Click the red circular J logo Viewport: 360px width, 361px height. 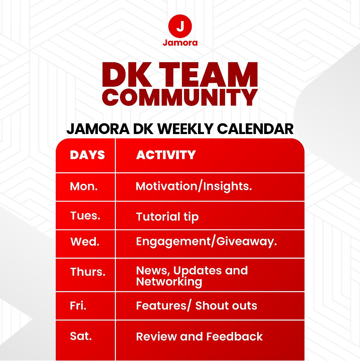pyautogui.click(x=180, y=26)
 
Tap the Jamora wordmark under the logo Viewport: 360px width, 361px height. pyautogui.click(x=180, y=42)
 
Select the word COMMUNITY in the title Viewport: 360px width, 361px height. pyautogui.click(x=180, y=97)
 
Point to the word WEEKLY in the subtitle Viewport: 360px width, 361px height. pyautogui.click(x=185, y=129)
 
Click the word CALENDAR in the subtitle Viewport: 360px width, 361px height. pyautogui.click(x=255, y=129)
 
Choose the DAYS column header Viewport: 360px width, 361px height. pyautogui.click(x=87, y=155)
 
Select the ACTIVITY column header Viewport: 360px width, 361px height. pyautogui.click(x=166, y=155)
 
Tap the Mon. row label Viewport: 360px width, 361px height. pyautogui.click(x=84, y=186)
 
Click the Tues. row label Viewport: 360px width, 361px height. pyautogui.click(x=85, y=216)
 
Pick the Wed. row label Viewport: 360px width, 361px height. pyautogui.click(x=85, y=242)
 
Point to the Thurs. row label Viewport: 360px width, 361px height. pyautogui.click(x=88, y=272)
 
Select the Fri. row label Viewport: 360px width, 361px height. pyautogui.click(x=78, y=306)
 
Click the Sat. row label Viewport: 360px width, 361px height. pyautogui.click(x=81, y=336)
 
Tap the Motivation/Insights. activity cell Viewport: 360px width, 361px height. pyautogui.click(x=194, y=187)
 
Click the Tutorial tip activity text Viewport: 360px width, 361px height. pyautogui.click(x=167, y=217)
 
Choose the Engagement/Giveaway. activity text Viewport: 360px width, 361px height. pyautogui.click(x=207, y=242)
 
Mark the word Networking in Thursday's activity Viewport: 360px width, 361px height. pyautogui.click(x=169, y=282)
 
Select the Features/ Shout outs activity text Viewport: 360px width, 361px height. pyautogui.click(x=197, y=306)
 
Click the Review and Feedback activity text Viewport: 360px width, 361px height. pyautogui.click(x=199, y=337)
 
